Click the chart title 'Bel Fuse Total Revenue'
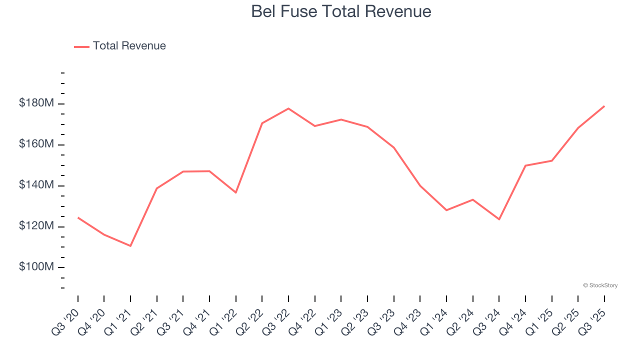(x=341, y=11)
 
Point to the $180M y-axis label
(x=36, y=103)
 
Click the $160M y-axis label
(x=36, y=144)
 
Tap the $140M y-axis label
(x=36, y=185)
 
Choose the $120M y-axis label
(x=36, y=226)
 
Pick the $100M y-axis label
(x=36, y=267)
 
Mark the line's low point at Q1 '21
(x=130, y=246)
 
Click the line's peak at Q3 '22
(x=288, y=108)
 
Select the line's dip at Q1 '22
(x=236, y=192)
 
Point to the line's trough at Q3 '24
(x=499, y=219)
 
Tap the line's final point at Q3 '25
(x=604, y=106)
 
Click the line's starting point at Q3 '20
(x=78, y=217)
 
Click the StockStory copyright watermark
(x=600, y=285)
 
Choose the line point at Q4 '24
(x=525, y=165)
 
